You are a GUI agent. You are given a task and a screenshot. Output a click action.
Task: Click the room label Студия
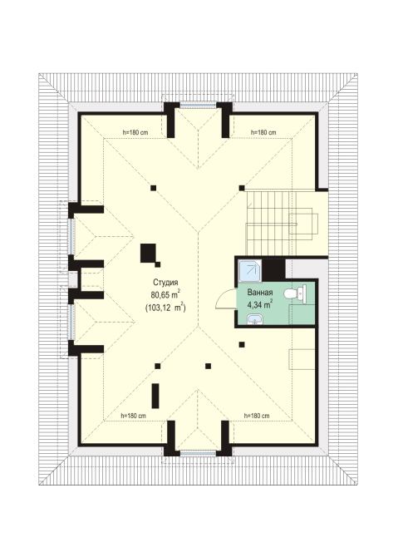[165, 283]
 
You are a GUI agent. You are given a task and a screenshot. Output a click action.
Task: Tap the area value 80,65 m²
[165, 294]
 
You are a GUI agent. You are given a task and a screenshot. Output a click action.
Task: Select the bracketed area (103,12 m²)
[165, 307]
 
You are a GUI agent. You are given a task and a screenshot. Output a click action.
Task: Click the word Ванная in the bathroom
[260, 293]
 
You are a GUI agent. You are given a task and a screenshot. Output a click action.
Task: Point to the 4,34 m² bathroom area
[260, 304]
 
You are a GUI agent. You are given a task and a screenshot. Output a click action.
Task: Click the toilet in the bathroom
[295, 293]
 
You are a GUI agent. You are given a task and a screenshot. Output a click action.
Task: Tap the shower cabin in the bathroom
[250, 271]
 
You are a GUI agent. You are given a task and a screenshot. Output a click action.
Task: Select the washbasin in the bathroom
[254, 320]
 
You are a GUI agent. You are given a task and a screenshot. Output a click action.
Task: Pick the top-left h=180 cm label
[135, 132]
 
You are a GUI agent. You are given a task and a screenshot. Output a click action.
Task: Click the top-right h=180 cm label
[263, 132]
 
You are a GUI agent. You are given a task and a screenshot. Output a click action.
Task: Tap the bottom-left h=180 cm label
[133, 416]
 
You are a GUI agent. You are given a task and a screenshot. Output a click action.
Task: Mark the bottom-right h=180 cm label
[257, 416]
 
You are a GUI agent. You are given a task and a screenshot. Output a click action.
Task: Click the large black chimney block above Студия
[148, 253]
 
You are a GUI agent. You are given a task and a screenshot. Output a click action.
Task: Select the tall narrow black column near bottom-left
[155, 396]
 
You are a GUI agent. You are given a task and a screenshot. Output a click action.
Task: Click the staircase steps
[271, 223]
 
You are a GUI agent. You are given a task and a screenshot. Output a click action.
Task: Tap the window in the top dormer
[198, 105]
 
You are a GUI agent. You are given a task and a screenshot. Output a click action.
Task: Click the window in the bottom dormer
[198, 453]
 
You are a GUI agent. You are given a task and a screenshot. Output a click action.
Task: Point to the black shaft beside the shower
[273, 269]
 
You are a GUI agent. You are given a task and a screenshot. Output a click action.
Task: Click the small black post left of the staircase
[242, 188]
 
